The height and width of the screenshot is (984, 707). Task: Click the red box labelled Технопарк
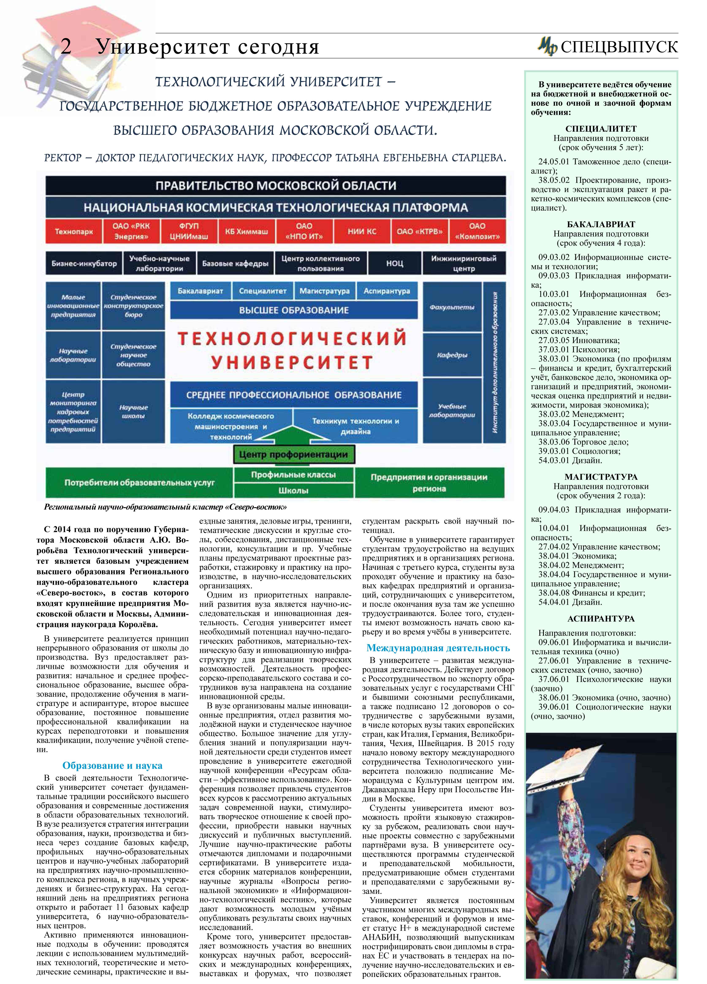[74, 231]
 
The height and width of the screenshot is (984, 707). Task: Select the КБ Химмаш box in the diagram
[246, 231]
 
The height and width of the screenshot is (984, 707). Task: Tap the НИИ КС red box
[362, 231]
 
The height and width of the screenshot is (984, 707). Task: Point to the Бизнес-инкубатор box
[84, 263]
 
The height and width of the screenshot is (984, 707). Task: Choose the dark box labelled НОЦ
[395, 263]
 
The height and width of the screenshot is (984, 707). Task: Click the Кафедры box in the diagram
[452, 355]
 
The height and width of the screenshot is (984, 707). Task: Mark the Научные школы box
[133, 411]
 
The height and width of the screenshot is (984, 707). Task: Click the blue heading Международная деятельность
[438, 648]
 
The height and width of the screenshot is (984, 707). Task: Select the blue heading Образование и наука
[112, 765]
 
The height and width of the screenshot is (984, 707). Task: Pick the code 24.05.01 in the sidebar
[553, 162]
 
